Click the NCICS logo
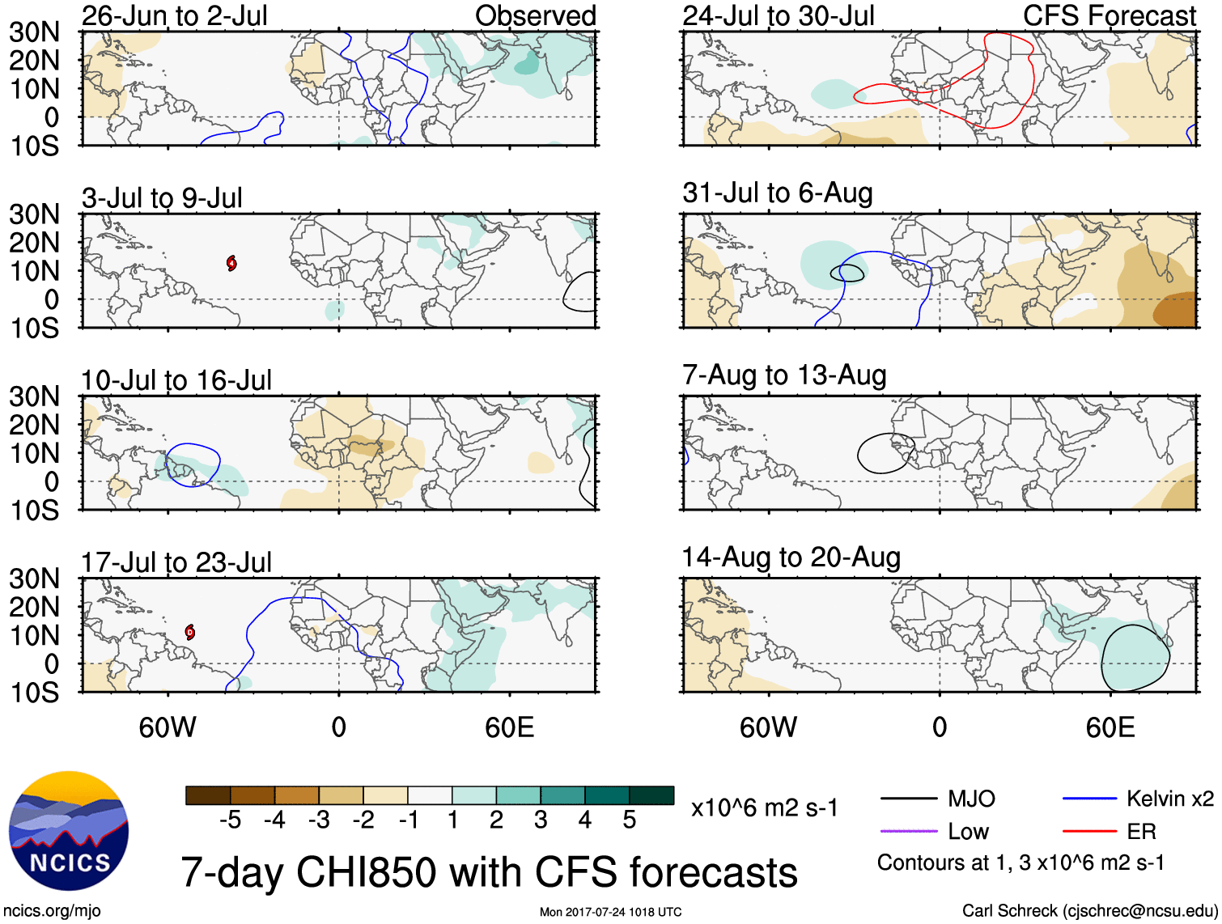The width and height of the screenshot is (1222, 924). point(69,830)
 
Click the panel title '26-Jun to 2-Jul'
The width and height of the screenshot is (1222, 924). point(174,15)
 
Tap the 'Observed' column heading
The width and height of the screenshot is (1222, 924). point(535,15)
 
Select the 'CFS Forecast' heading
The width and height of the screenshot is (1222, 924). point(1109,15)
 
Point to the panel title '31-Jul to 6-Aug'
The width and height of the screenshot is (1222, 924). point(777,193)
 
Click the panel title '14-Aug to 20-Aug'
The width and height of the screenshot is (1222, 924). point(791,557)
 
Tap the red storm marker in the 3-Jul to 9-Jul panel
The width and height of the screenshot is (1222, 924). point(231,263)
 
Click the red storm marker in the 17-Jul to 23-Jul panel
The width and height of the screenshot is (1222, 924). point(190,632)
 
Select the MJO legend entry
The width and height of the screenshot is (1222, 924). point(939,799)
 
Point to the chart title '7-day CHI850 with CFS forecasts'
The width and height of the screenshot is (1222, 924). point(489,873)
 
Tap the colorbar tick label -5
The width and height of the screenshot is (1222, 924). point(230,820)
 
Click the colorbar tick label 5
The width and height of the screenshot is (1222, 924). point(630,820)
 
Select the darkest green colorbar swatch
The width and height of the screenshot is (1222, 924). point(651,795)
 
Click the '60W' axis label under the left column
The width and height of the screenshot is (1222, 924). point(168,727)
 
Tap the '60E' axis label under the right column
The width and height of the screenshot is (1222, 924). point(1110,727)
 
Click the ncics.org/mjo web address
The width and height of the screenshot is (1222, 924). point(52,911)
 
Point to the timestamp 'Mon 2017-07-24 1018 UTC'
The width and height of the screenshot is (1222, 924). point(610,912)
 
